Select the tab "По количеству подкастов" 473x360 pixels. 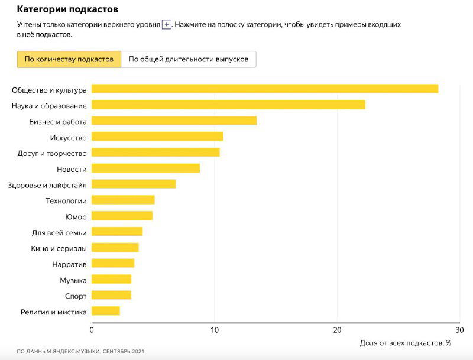point(69,59)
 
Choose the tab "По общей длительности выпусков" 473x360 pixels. point(189,59)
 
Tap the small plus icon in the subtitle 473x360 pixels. point(167,25)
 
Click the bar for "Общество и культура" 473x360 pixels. point(264,89)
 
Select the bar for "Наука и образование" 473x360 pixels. point(228,105)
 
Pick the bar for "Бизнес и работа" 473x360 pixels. point(174,121)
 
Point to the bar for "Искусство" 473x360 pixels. point(157,137)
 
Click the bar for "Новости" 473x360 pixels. point(145,168)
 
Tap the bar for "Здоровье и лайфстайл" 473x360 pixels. point(134,184)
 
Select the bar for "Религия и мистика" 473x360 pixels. point(106,311)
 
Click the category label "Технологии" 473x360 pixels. point(66,201)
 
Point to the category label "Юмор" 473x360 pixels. point(76,217)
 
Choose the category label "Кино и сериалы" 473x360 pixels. point(59,248)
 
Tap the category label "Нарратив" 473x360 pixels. point(69,264)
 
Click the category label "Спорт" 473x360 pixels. point(75,296)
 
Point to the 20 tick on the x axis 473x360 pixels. point(337,330)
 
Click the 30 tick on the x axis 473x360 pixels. point(459,330)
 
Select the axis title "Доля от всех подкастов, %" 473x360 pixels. point(405,343)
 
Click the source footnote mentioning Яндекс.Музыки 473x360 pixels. point(80,352)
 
